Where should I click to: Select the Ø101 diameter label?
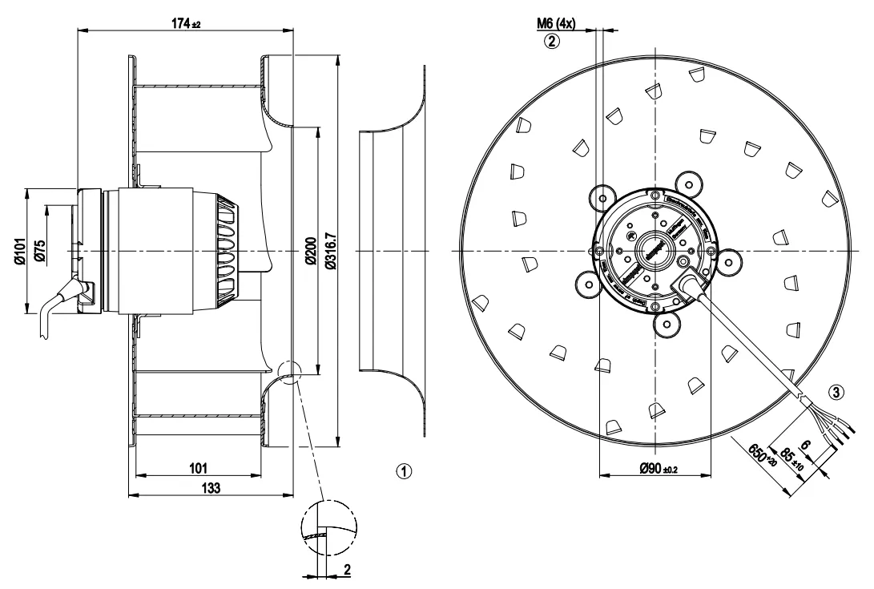coord(20,250)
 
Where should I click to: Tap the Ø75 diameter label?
coord(40,250)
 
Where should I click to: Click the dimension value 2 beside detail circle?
coord(348,569)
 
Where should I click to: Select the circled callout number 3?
coord(836,393)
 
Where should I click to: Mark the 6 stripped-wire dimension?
coord(805,447)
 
